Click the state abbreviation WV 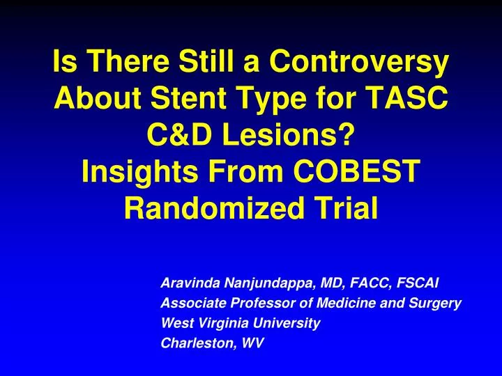click(250, 343)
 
